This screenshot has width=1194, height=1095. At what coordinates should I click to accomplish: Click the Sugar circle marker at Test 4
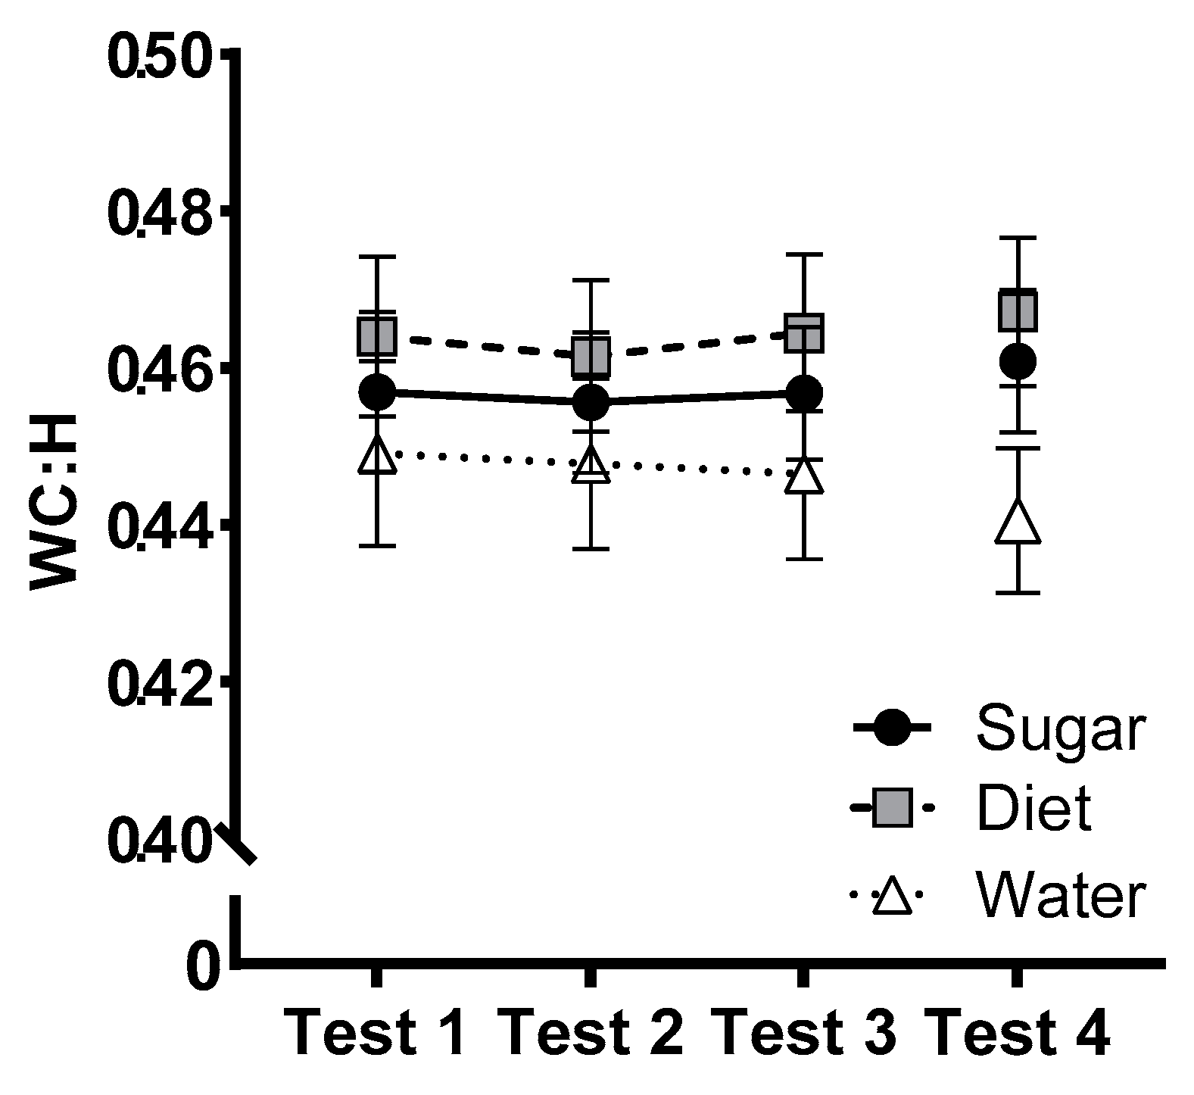coord(1017,361)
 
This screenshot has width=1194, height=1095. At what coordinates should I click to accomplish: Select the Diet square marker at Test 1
coord(376,335)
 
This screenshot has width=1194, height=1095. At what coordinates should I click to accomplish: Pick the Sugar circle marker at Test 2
coord(591,401)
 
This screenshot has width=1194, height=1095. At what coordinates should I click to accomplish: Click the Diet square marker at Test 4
coord(1017,310)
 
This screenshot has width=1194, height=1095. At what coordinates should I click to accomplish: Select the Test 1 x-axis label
coord(376,1033)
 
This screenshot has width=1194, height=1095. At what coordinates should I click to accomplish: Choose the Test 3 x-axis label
coord(803,1033)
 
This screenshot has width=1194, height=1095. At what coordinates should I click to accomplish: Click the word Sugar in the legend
coord(1060,730)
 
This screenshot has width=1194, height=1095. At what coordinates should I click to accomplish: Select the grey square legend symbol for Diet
coord(891,808)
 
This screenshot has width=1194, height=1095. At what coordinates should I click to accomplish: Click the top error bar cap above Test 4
coord(1017,238)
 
